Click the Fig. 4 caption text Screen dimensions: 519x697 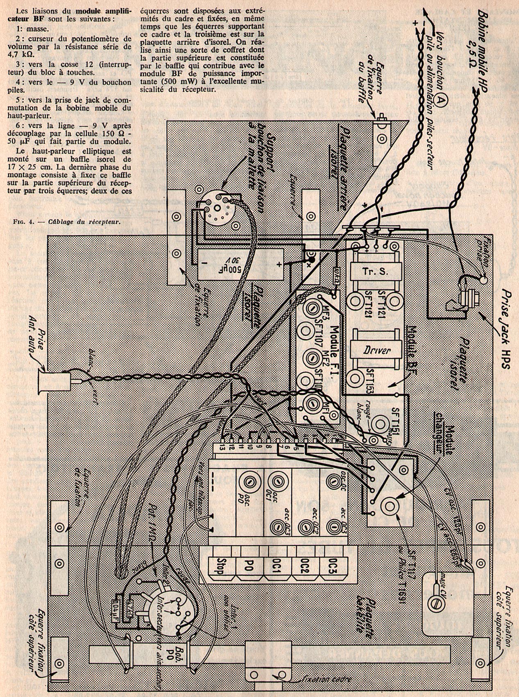(x=68, y=222)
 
